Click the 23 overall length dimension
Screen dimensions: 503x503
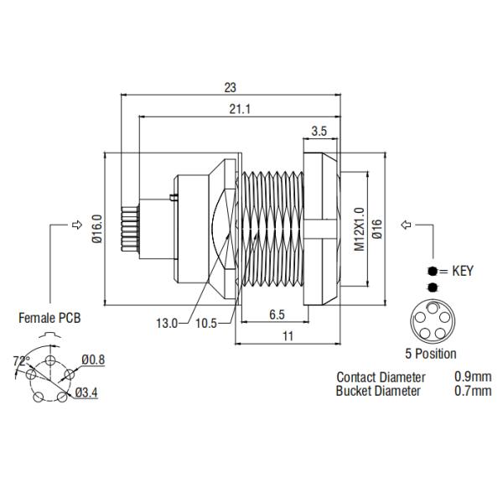point(231,86)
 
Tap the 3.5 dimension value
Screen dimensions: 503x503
point(319,131)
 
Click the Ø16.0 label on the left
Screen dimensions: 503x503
point(96,229)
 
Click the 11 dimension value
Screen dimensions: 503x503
point(288,335)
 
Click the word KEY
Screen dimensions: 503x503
point(463,271)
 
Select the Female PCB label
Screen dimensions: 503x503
point(51,318)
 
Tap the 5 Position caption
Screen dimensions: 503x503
point(430,353)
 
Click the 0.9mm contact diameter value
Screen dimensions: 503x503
point(473,377)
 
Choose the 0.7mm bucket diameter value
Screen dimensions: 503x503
point(473,391)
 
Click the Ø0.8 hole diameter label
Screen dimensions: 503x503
point(93,360)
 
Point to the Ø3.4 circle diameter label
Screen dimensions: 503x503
point(86,392)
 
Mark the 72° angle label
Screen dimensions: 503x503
point(21,361)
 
